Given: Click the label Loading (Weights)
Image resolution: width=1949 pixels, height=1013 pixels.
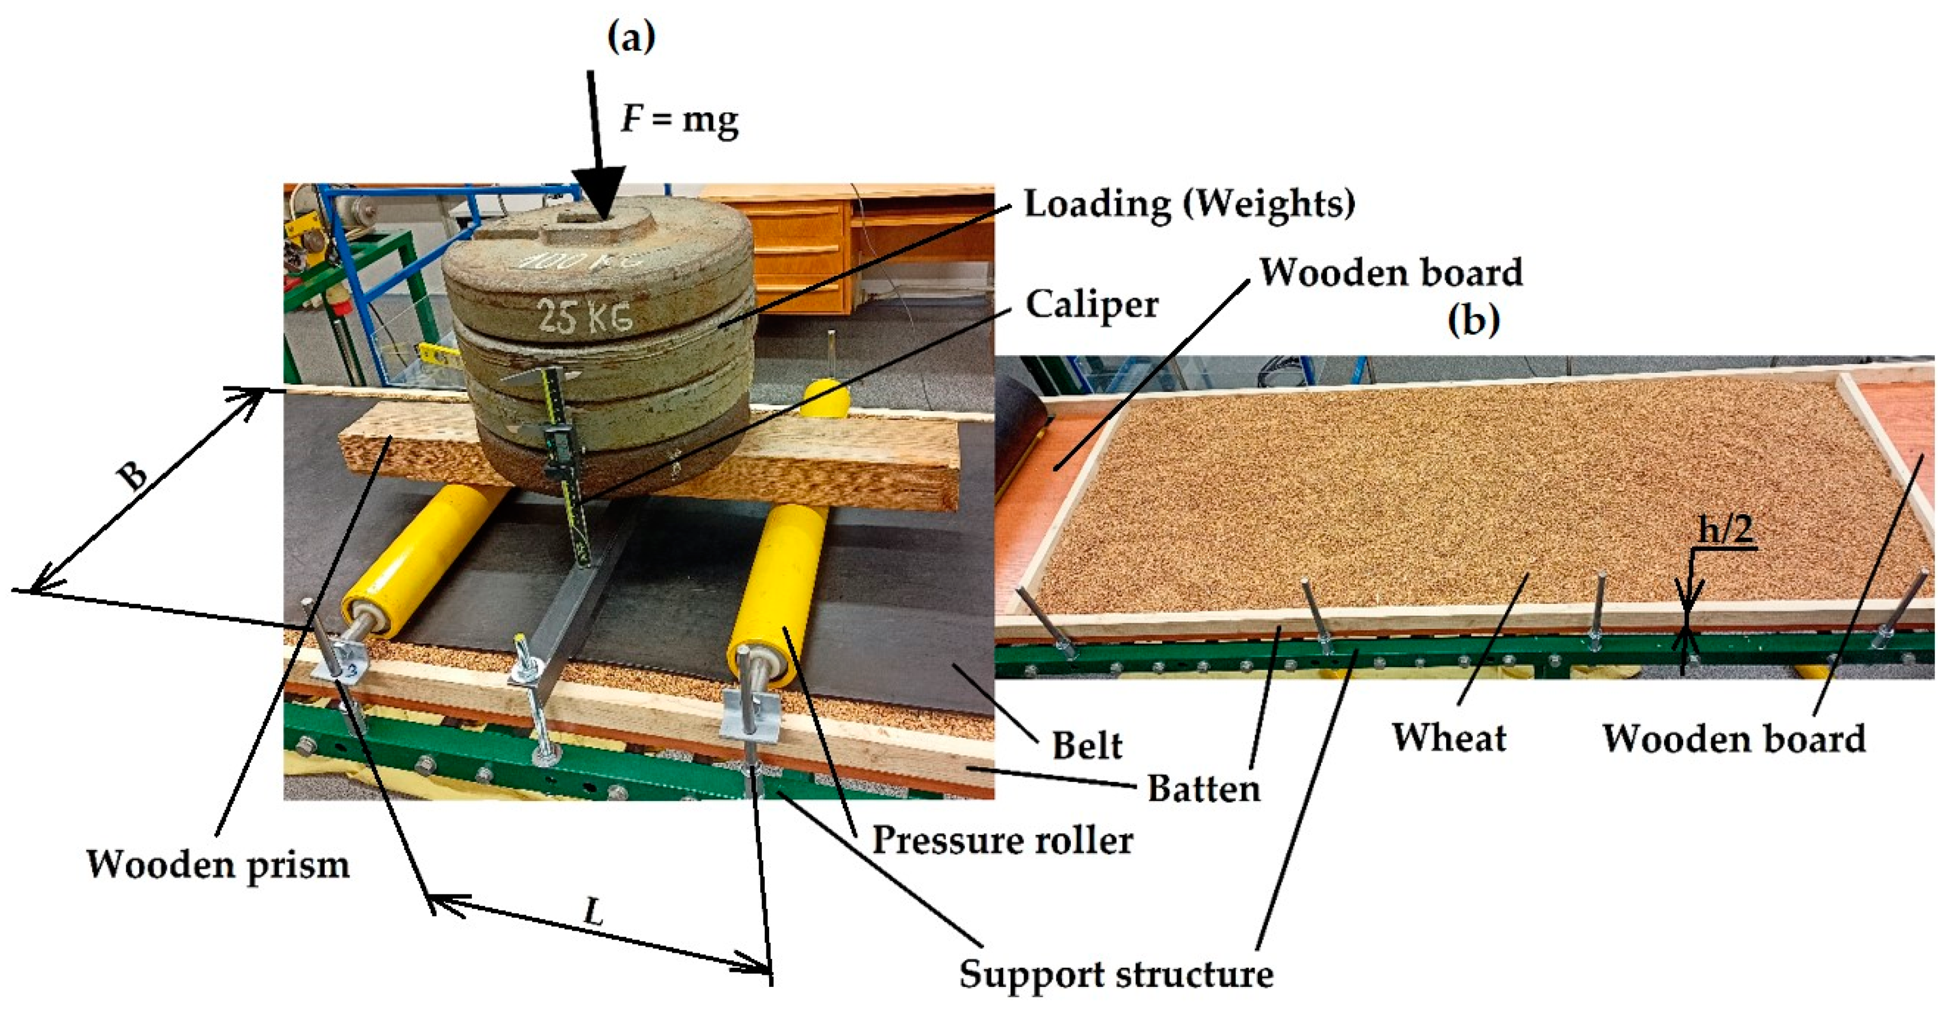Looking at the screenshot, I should (x=1189, y=204).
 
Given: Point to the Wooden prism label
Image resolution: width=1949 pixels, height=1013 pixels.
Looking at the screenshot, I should (x=218, y=864).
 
